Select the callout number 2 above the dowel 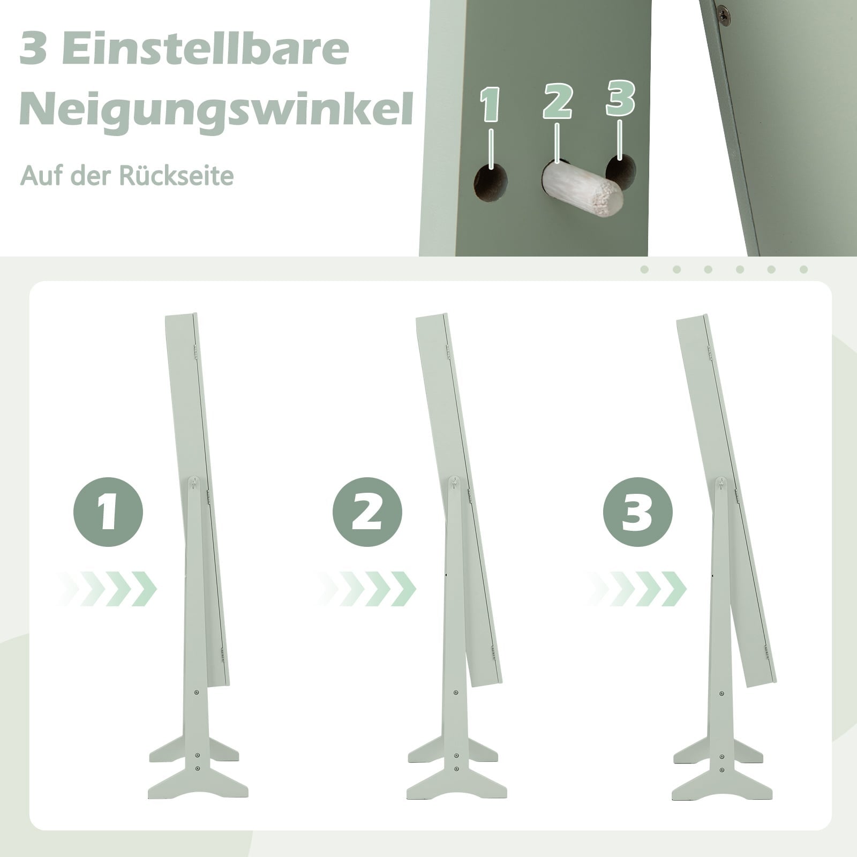[558, 100]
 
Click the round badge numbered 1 [108, 512]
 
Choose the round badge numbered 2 [367, 512]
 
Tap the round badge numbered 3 [637, 512]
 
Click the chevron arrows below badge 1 [107, 589]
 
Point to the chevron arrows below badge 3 [637, 589]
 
